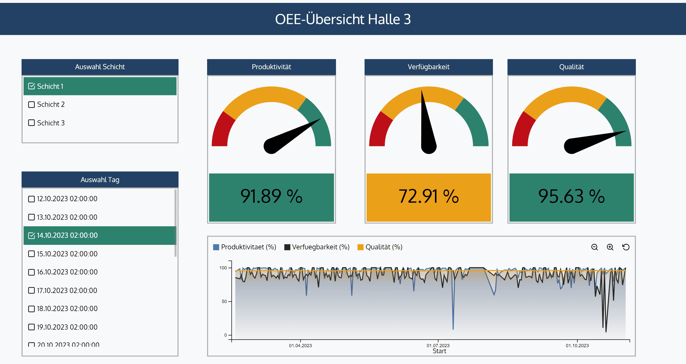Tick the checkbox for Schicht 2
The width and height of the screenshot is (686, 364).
(31, 104)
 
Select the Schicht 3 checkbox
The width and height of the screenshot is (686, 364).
(31, 123)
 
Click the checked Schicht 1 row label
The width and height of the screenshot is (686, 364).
(50, 86)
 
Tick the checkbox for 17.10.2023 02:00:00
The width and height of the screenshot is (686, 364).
(31, 290)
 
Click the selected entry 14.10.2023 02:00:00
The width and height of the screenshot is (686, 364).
(67, 235)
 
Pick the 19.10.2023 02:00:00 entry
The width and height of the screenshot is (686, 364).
(67, 327)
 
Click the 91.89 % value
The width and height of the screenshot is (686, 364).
(271, 197)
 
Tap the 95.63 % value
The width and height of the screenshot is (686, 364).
(571, 197)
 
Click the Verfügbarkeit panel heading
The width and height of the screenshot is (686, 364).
(428, 67)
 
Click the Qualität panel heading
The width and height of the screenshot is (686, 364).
(571, 67)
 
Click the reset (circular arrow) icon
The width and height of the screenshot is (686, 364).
(626, 247)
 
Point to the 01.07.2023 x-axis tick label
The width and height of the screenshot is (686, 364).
(438, 346)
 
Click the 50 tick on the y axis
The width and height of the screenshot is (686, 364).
(224, 301)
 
